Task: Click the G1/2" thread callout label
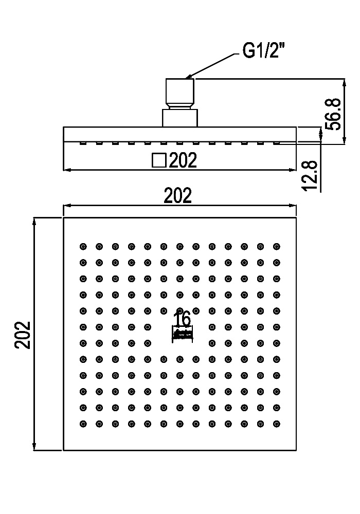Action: pos(263,50)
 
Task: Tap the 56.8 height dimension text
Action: pos(333,114)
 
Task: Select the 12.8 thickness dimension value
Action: pos(310,175)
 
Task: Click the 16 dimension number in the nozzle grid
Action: pos(182,319)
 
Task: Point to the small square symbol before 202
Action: pos(159,160)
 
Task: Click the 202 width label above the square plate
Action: pos(177,196)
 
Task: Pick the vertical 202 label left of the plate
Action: pos(23,335)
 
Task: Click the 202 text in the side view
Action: pos(183,160)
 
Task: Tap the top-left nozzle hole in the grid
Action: pos(83,247)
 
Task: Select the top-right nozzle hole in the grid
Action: pos(277,247)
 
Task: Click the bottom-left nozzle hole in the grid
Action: pos(83,424)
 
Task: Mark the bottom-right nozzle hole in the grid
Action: pos(277,424)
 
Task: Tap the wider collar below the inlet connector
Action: pos(180,118)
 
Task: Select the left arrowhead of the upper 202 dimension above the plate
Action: pos(67,206)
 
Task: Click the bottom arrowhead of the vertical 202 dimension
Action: pos(34,447)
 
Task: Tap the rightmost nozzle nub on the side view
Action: pos(277,143)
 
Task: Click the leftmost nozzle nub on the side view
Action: pos(83,143)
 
